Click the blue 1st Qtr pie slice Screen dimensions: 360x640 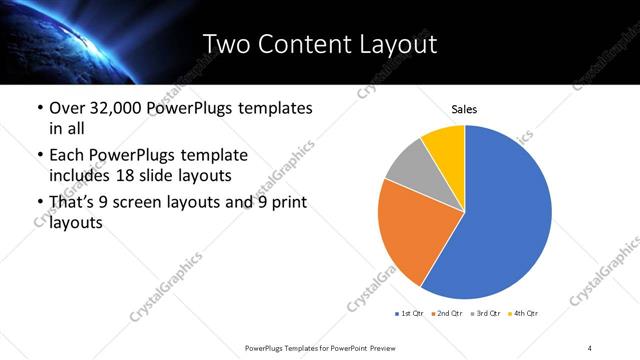(505, 215)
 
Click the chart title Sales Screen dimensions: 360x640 (464, 108)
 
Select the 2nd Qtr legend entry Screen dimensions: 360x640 (446, 313)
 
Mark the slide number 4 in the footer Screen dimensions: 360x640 (590, 347)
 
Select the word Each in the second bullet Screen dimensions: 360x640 (66, 156)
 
